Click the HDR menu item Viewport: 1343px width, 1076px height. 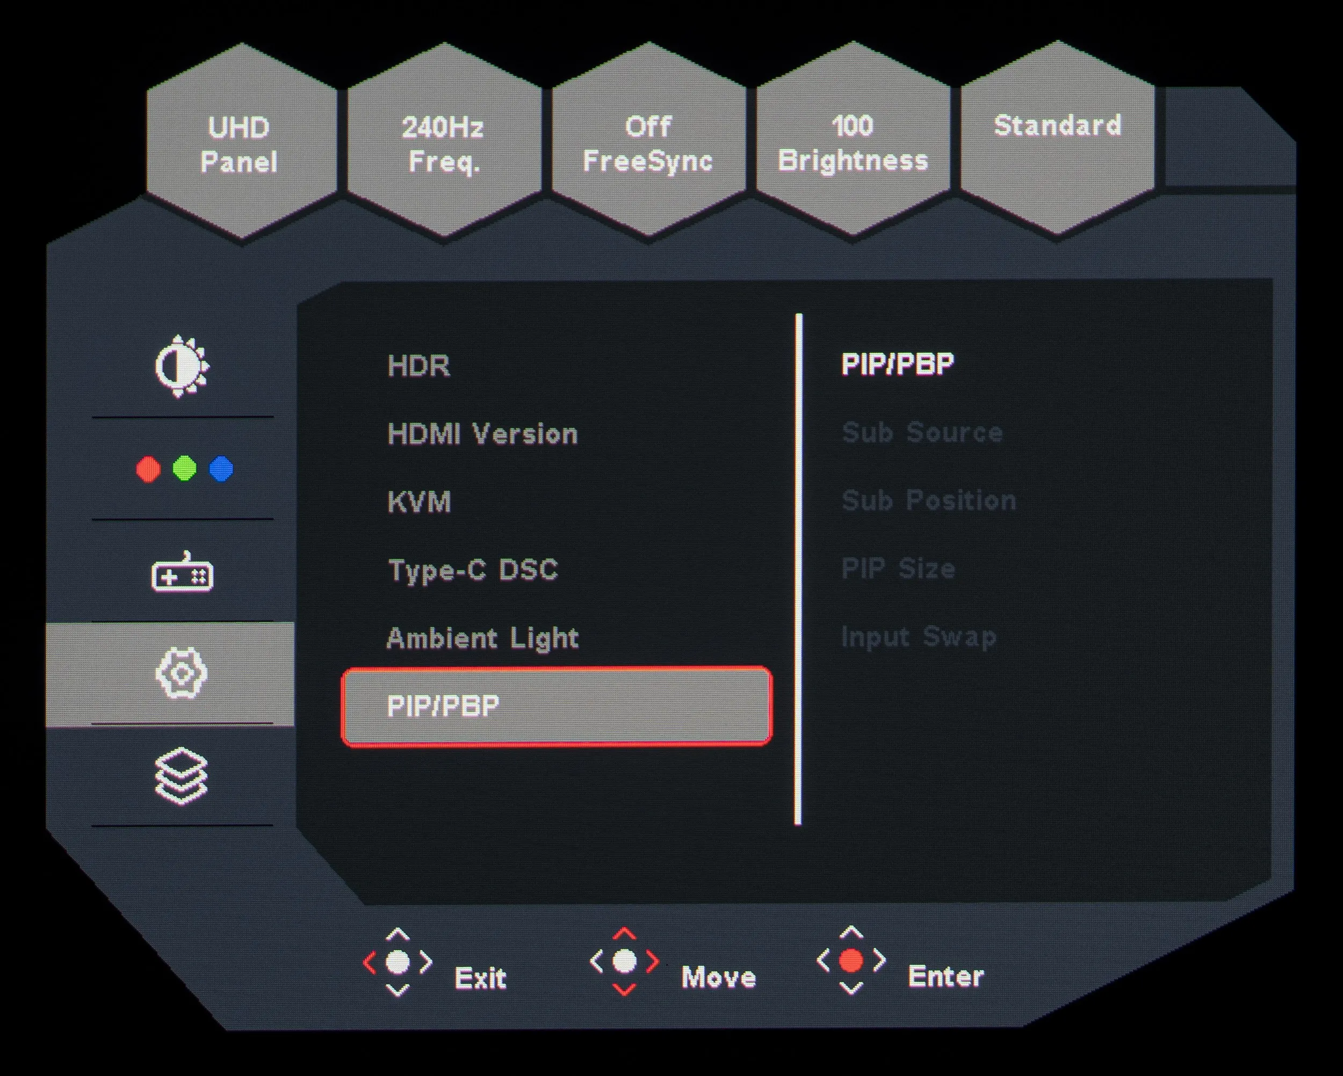(418, 366)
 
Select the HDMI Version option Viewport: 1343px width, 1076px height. (483, 433)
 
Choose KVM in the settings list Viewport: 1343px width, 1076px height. (419, 502)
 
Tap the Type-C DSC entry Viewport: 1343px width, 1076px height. (473, 570)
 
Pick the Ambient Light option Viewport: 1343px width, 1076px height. (483, 639)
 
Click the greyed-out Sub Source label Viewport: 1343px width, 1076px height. (922, 432)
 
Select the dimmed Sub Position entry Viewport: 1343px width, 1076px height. (929, 500)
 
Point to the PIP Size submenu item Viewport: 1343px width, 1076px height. (898, 569)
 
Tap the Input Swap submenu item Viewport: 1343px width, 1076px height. (919, 637)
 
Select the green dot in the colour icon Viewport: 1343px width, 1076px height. (184, 468)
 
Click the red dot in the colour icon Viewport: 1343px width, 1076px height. (148, 469)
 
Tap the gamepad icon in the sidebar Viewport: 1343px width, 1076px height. (182, 572)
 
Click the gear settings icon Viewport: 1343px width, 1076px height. (181, 674)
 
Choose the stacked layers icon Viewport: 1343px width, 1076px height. (180, 776)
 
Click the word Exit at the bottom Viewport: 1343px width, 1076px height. (480, 978)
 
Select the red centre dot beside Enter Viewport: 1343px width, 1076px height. (851, 961)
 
